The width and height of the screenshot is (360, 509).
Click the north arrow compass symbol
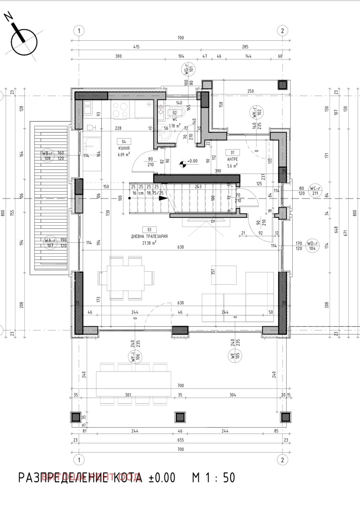(x=24, y=42)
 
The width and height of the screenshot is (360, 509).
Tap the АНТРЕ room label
(x=232, y=159)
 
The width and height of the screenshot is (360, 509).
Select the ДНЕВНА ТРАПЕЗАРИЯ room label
(x=149, y=236)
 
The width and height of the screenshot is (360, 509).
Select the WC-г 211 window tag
(x=315, y=191)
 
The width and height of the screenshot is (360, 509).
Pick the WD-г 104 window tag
(x=312, y=246)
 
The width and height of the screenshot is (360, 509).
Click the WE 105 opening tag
(x=235, y=356)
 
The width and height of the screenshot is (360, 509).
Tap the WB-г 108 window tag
(x=47, y=156)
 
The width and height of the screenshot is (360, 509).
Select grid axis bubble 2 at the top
(x=282, y=31)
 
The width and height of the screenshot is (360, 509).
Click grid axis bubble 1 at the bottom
(x=79, y=460)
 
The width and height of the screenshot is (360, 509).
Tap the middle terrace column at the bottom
(x=180, y=417)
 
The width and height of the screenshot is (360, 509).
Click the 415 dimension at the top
(x=136, y=47)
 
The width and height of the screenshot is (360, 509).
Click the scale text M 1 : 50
(x=213, y=478)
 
